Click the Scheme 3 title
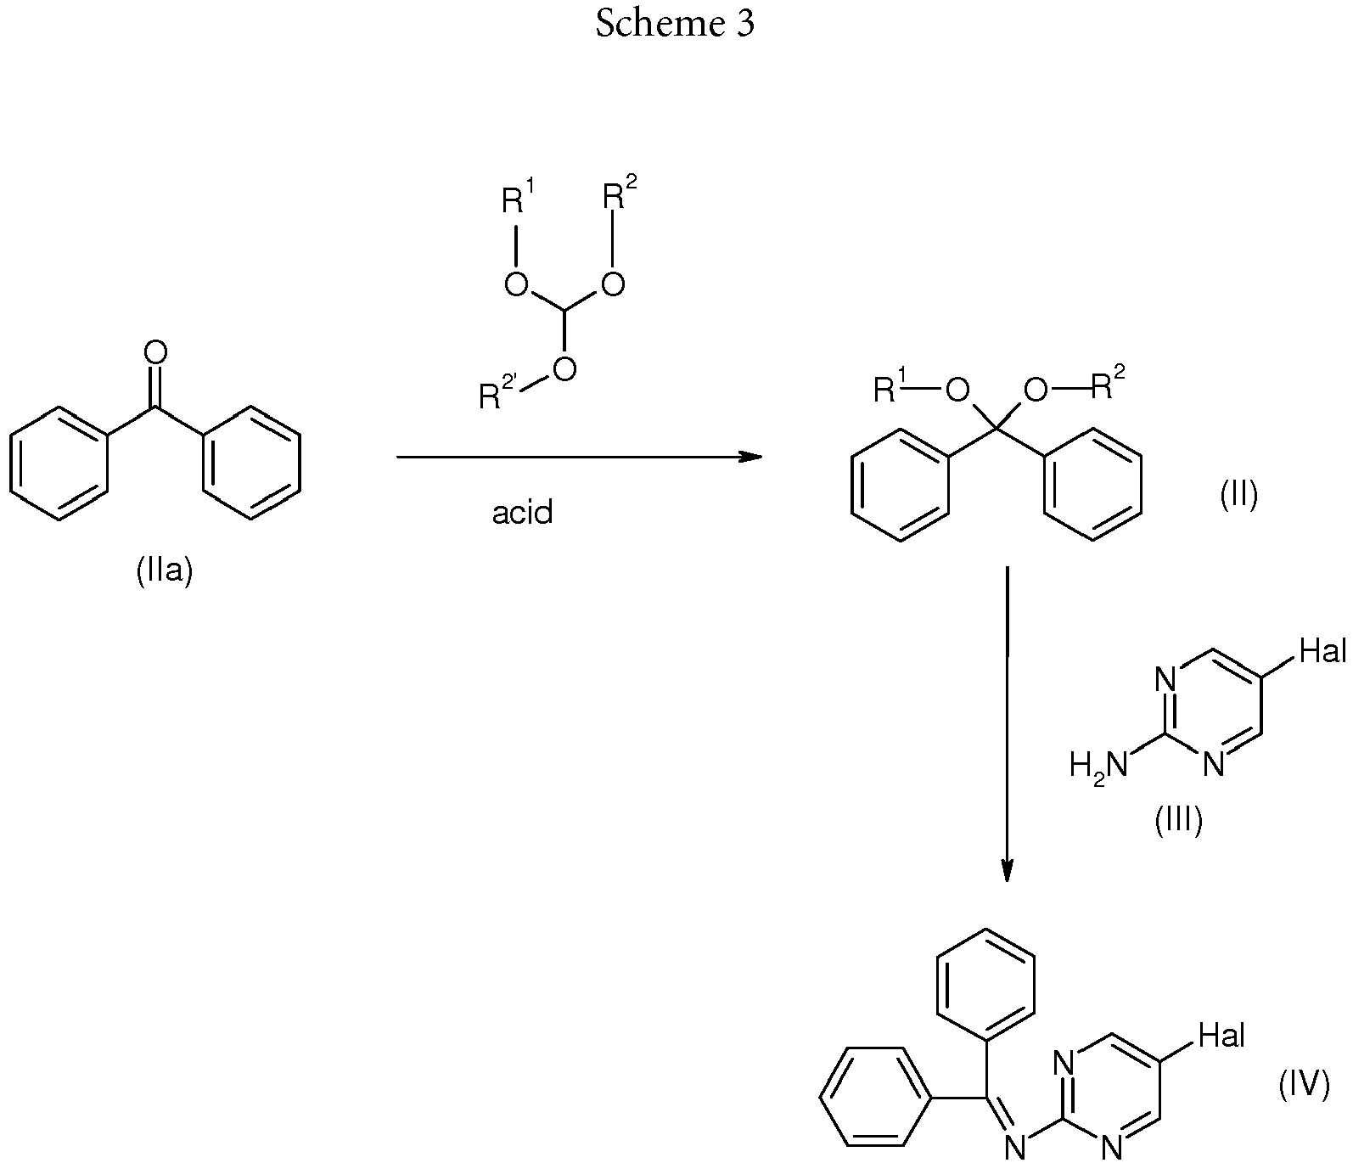pos(675,24)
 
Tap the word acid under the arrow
pos(523,513)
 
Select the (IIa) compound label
pos(166,571)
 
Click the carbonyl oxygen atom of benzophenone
pos(156,353)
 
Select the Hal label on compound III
pos(1323,652)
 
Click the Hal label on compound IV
pos(1221,1035)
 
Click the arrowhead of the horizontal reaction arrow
pos(750,458)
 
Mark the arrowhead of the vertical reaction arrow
pos(1007,870)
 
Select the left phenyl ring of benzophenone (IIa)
pos(59,463)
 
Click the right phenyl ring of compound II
pos(1092,483)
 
